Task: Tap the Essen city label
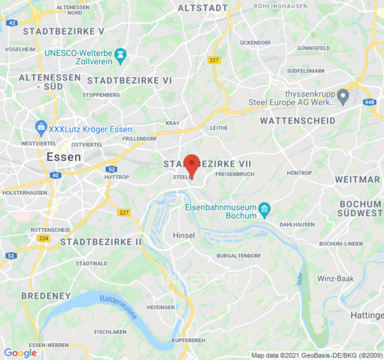[x=64, y=157]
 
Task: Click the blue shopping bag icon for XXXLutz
[x=41, y=128]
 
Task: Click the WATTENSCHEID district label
[x=298, y=121]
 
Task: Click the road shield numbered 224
[x=43, y=238]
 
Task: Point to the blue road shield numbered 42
[x=12, y=22]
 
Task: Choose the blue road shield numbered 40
[x=56, y=175]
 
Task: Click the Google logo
[x=20, y=353]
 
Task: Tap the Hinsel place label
[x=184, y=235]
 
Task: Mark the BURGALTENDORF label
[x=239, y=256]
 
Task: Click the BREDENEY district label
[x=46, y=296]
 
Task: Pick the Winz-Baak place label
[x=336, y=279]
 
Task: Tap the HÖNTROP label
[x=299, y=173]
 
